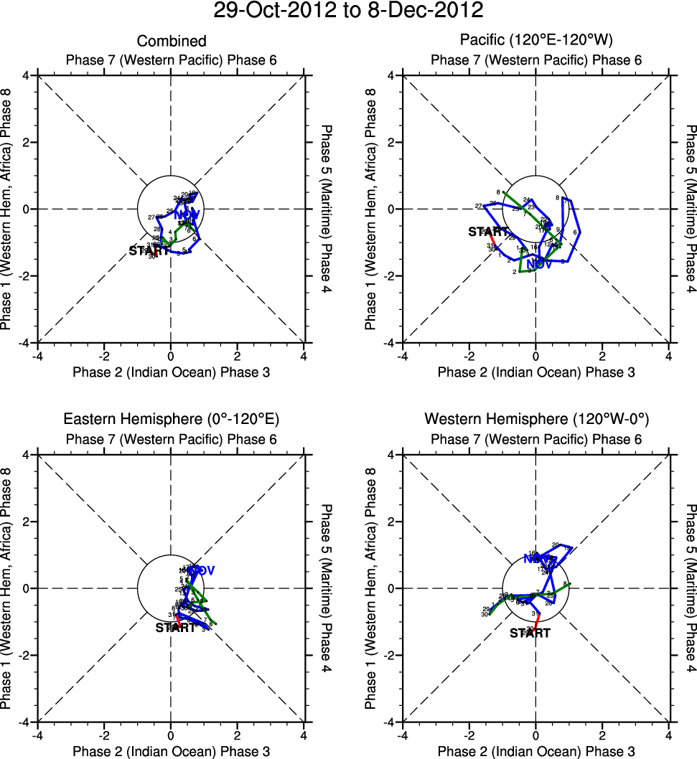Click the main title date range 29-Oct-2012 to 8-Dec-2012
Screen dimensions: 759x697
point(348,11)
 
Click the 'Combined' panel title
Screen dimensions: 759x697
point(172,41)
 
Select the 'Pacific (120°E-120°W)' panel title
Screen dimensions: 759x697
point(535,41)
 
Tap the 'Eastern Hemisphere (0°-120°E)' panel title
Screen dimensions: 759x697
point(172,419)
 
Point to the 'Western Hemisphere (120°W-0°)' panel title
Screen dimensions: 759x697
point(535,419)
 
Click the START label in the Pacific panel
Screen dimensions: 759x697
point(488,232)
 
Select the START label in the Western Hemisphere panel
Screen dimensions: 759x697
point(530,633)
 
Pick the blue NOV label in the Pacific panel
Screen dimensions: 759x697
point(538,264)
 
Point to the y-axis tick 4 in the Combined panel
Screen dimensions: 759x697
point(27,75)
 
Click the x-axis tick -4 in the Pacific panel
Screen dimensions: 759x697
point(403,354)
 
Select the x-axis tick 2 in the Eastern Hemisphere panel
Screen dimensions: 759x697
point(238,734)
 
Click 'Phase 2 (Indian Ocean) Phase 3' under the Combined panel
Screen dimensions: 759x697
point(172,372)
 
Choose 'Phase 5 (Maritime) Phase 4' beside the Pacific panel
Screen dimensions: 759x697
point(690,209)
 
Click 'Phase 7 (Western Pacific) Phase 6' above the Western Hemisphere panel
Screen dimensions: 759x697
point(535,439)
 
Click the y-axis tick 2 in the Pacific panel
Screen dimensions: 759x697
point(392,142)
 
